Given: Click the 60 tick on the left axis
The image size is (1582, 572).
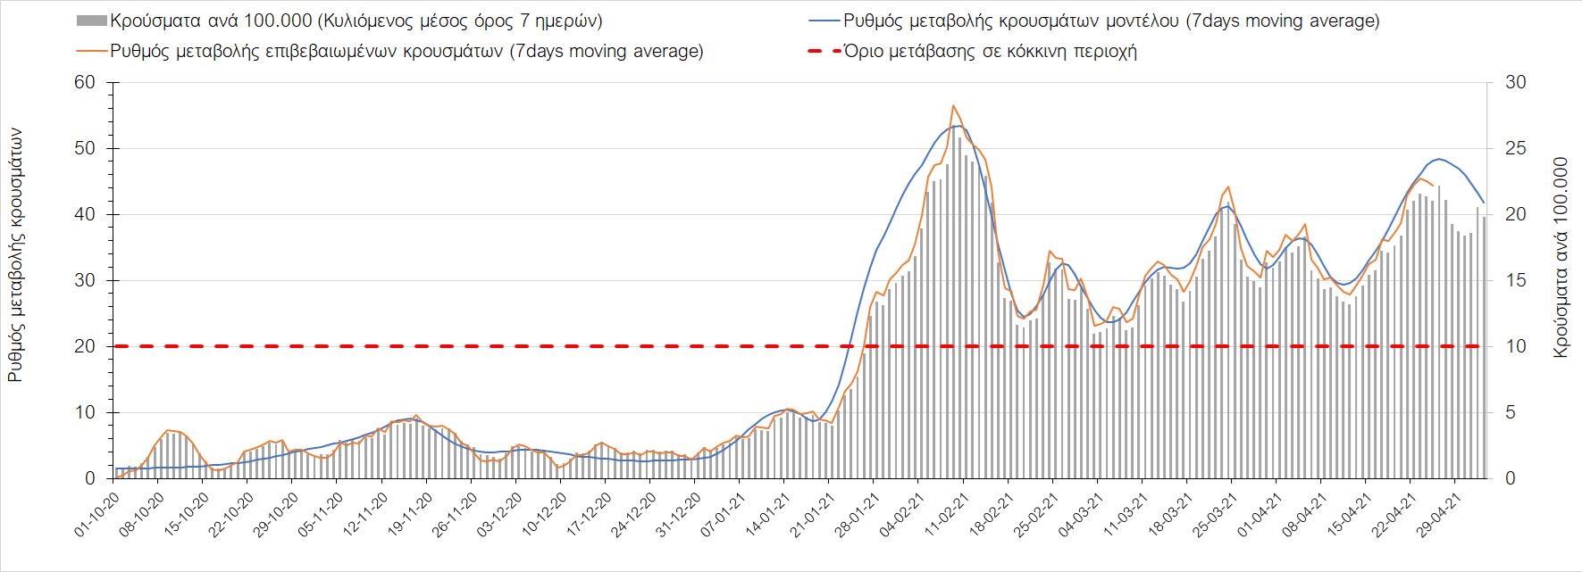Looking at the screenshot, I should pyautogui.click(x=87, y=83).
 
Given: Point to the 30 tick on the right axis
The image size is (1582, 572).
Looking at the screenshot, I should pyautogui.click(x=1517, y=83).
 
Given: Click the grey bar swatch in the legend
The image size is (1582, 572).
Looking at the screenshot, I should pyautogui.click(x=89, y=21).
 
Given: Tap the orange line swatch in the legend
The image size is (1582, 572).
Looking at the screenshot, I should pyautogui.click(x=89, y=52).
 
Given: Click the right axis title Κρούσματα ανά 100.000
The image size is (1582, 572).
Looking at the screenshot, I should pyautogui.click(x=1561, y=259).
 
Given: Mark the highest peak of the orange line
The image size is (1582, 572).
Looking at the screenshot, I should pyautogui.click(x=953, y=105).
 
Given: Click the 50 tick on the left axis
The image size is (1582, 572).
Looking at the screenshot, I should pyautogui.click(x=87, y=148).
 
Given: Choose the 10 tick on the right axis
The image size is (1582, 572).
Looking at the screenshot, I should pyautogui.click(x=1517, y=346).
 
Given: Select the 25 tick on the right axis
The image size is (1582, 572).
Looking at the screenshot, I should pyautogui.click(x=1517, y=148).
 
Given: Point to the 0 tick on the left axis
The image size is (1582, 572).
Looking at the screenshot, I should pyautogui.click(x=90, y=478).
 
